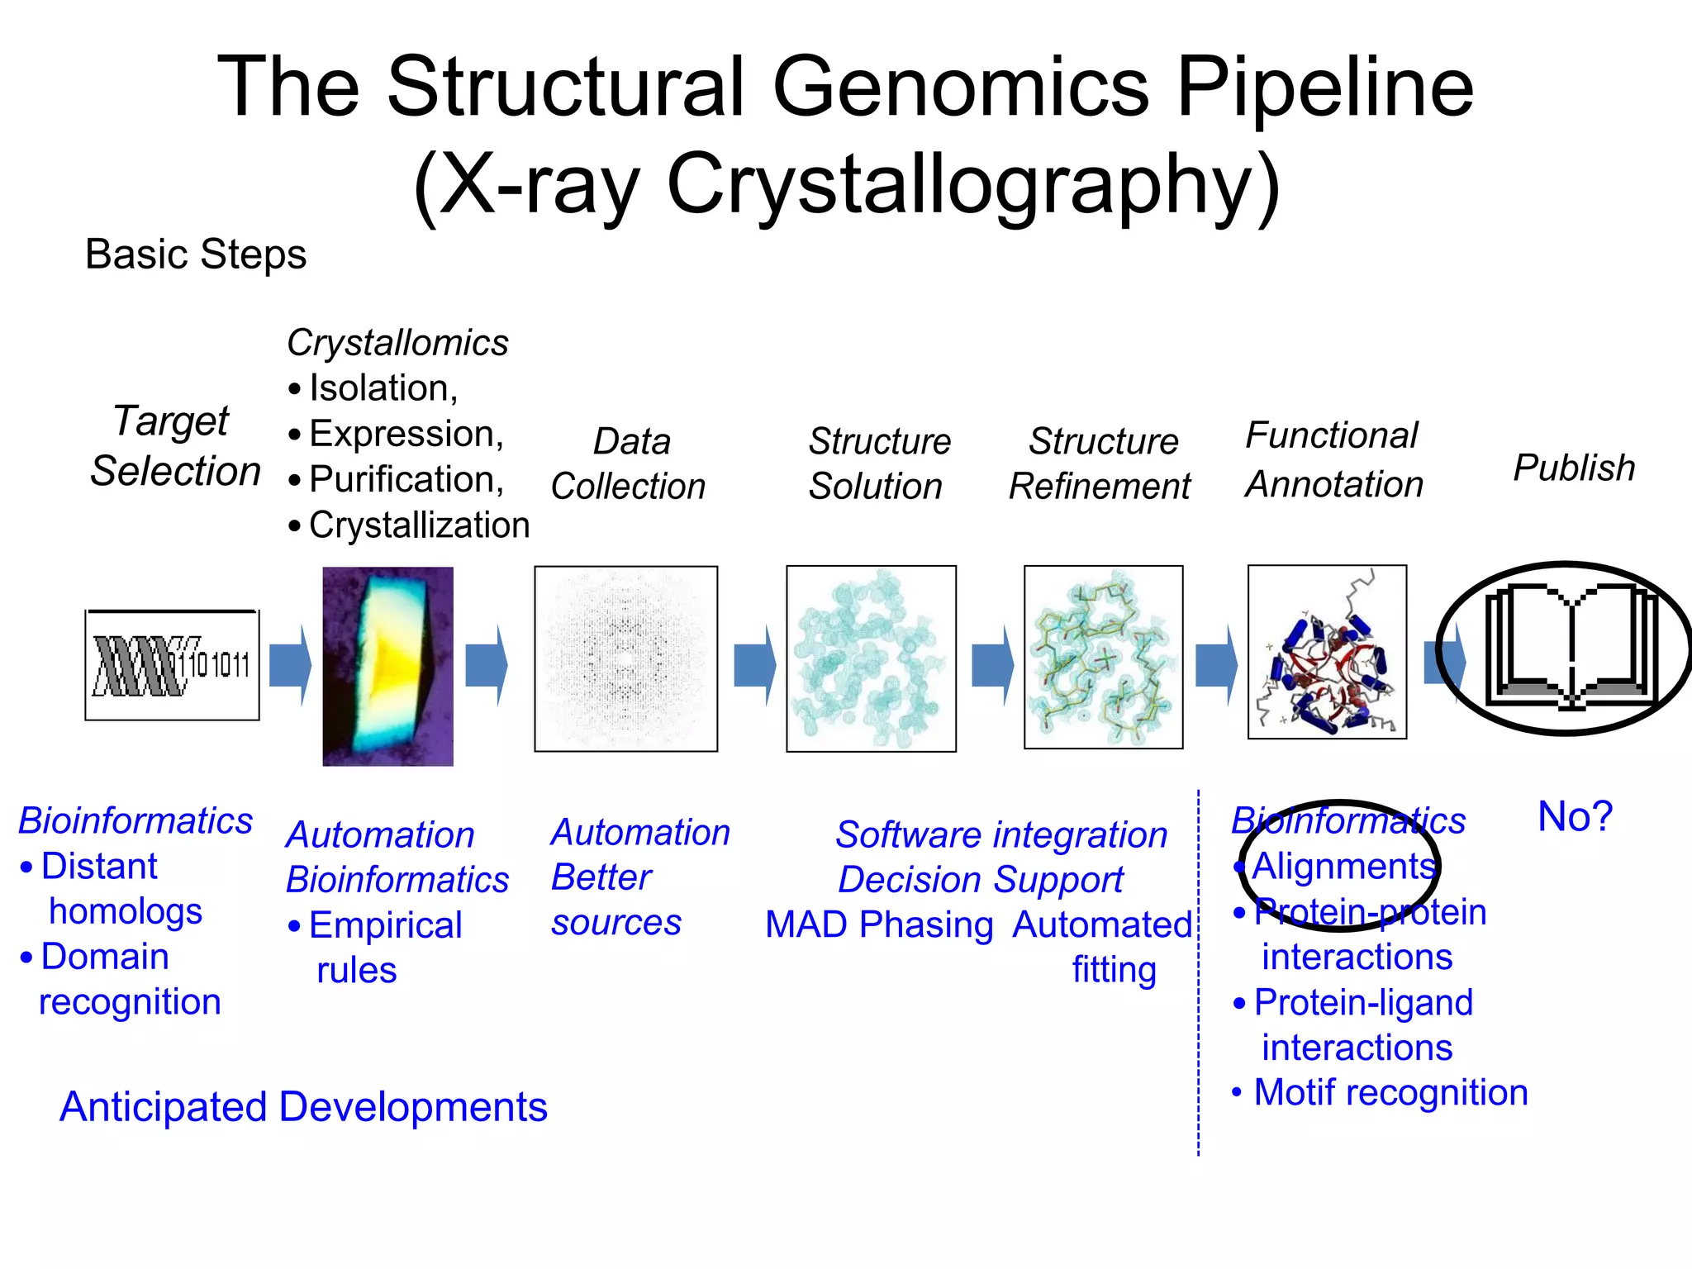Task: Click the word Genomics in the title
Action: (x=960, y=87)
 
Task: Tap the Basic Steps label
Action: (x=196, y=254)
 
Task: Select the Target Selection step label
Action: (x=174, y=446)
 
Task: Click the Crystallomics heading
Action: (x=397, y=343)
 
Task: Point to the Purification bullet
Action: (x=406, y=479)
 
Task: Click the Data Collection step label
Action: (x=629, y=463)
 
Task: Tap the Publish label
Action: (x=1573, y=468)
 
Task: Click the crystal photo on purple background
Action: (x=387, y=666)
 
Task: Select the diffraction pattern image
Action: (x=625, y=658)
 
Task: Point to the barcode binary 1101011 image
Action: (x=172, y=665)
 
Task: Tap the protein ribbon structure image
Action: (x=1327, y=652)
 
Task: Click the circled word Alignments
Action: (x=1343, y=867)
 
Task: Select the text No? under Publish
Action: (x=1574, y=817)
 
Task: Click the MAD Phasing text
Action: (x=879, y=924)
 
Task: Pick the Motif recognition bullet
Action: (x=1390, y=1092)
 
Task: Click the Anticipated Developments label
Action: (x=303, y=1107)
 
